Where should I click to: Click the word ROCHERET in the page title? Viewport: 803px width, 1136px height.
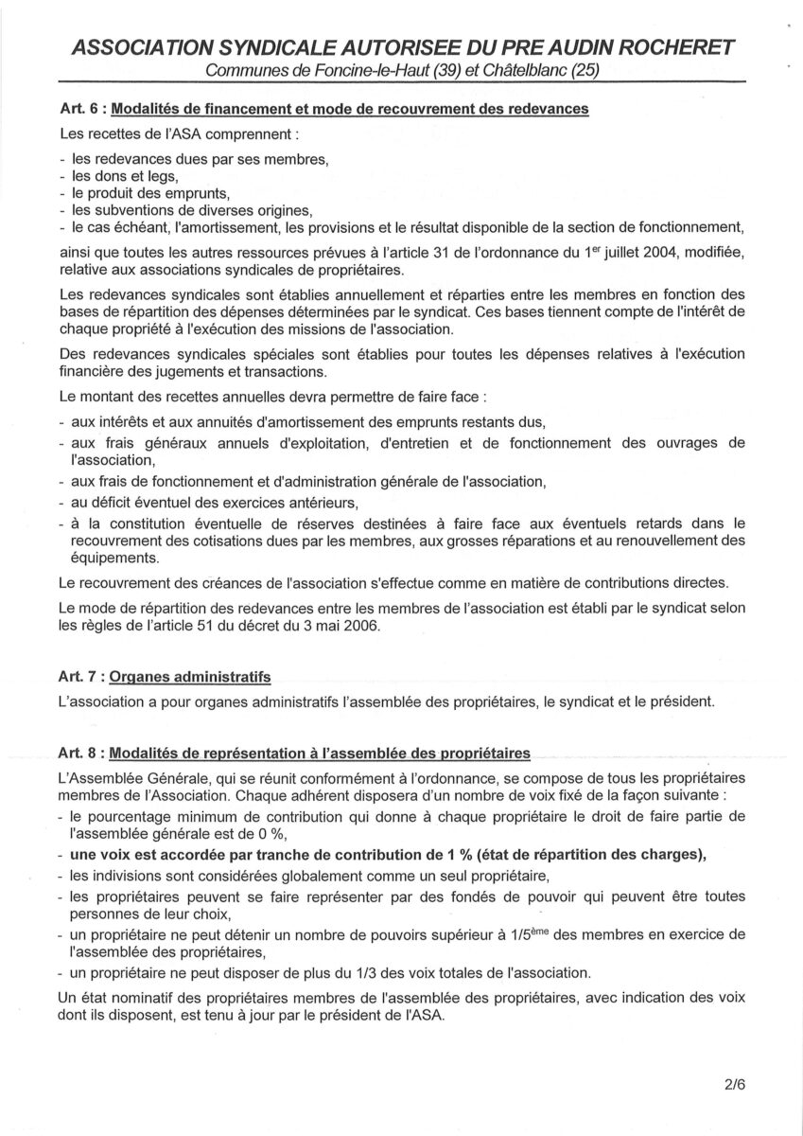(x=666, y=49)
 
